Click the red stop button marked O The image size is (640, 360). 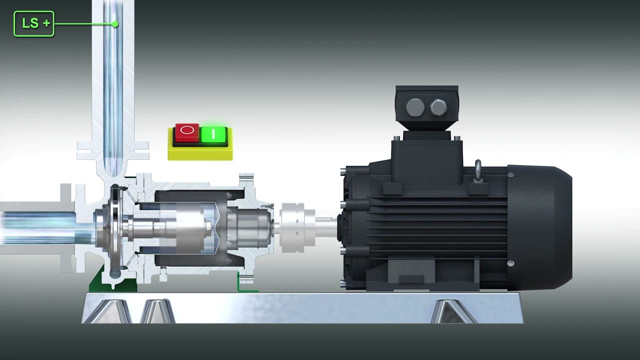[x=187, y=132]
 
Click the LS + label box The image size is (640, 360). [x=33, y=23]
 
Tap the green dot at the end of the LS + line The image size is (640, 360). [x=115, y=24]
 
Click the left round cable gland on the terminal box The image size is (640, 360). [x=415, y=107]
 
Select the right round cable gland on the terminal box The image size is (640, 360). [x=438, y=107]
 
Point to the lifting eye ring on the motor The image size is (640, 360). [x=478, y=170]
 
